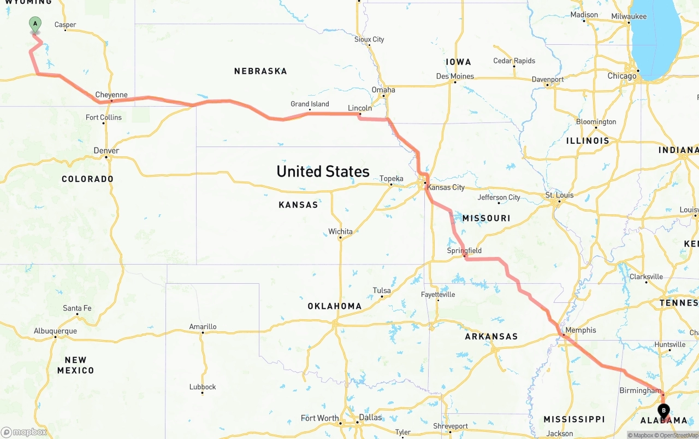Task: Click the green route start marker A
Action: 35,24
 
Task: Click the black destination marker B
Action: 664,411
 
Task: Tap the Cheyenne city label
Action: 111,95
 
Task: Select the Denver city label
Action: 106,150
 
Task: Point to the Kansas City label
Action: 446,187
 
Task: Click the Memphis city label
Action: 580,330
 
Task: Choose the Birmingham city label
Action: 640,390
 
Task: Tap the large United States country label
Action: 323,171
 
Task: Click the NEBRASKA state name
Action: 260,71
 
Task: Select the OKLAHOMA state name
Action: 334,306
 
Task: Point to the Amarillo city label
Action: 203,326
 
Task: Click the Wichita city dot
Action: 340,237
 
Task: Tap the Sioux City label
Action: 369,39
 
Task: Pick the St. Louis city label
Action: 560,195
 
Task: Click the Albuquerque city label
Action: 55,331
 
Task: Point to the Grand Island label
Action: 310,104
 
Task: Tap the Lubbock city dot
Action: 203,393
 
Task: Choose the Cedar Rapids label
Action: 514,61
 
